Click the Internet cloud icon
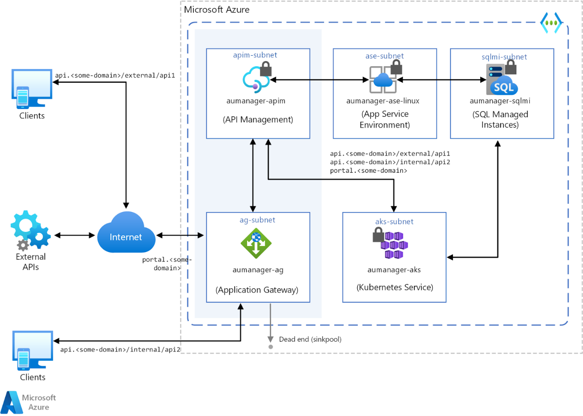tap(126, 233)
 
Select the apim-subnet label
tap(255, 55)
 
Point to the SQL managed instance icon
tap(501, 80)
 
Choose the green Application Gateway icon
tap(256, 243)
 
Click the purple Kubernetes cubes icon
tap(394, 245)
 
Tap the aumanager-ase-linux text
tap(383, 101)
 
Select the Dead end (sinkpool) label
tap(310, 339)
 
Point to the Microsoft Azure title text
tap(217, 9)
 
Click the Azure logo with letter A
tap(12, 402)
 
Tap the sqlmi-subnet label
tap(504, 57)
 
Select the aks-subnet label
tap(394, 221)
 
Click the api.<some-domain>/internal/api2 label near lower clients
tap(120, 349)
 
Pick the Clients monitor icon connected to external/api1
tap(32, 89)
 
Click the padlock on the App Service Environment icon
tap(396, 67)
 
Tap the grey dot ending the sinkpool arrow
tap(270, 347)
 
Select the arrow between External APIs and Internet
tap(74, 235)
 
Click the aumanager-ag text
tap(258, 270)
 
